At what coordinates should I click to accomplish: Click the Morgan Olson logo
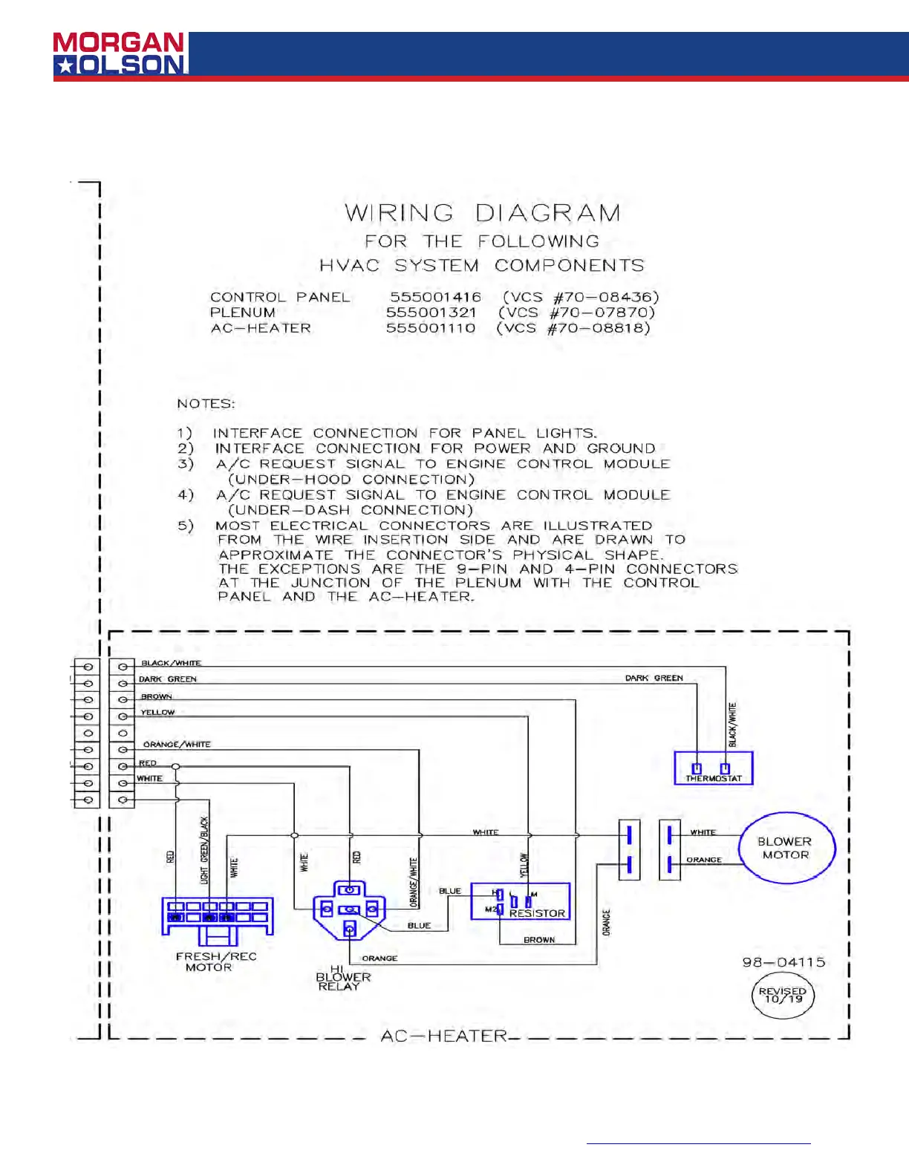119,53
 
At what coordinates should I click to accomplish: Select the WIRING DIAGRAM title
483,214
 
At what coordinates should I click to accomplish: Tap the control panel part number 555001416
435,297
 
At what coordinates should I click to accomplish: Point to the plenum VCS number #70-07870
577,313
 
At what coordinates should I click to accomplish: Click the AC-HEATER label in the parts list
261,328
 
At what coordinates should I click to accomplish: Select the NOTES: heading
206,404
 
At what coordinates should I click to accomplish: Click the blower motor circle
786,848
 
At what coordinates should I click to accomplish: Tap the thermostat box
713,768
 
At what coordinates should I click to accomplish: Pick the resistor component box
521,901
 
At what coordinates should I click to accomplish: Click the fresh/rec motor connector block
218,916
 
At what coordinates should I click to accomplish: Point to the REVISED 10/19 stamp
783,996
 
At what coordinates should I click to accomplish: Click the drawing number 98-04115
783,962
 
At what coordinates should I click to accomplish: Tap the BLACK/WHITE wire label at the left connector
171,663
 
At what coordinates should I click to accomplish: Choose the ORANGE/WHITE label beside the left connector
177,744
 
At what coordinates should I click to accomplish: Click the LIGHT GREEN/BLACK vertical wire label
205,850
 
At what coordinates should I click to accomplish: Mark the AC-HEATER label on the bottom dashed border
443,1036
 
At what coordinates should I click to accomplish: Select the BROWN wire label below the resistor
539,940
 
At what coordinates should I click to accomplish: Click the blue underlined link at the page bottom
698,1143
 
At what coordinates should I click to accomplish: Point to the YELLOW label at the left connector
157,712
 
